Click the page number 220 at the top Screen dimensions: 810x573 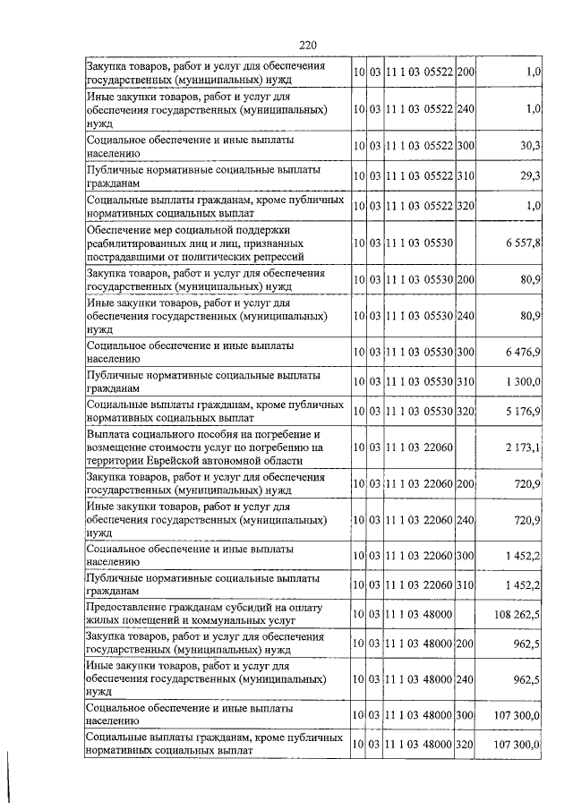coord(309,46)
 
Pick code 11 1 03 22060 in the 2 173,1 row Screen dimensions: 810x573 coord(419,448)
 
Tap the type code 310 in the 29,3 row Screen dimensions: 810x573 coord(466,175)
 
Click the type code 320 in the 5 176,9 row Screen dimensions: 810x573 coord(466,412)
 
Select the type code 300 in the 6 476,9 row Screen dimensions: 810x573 coord(466,352)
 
